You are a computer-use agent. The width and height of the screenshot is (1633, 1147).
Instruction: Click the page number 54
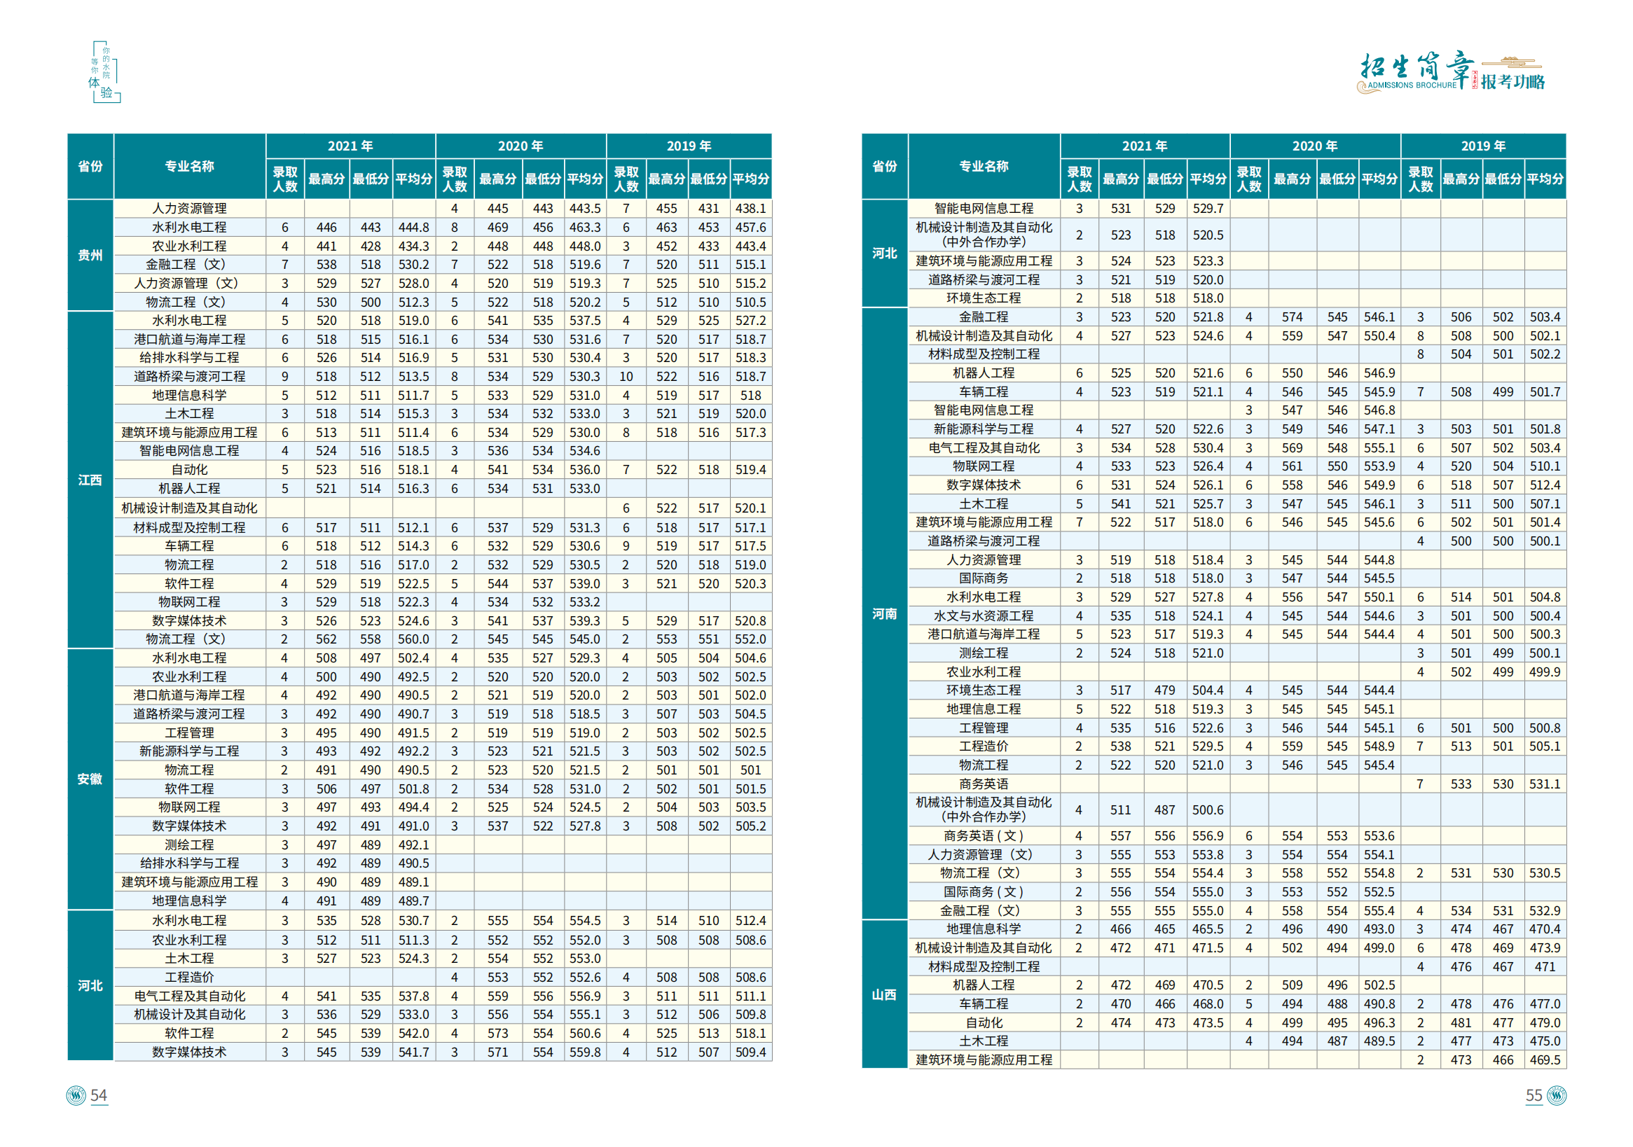(x=98, y=1095)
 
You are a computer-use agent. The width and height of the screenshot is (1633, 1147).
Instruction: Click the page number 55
(x=1534, y=1095)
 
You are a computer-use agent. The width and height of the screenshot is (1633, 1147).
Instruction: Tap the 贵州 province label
(x=90, y=256)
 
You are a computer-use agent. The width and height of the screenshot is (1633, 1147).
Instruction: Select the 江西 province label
(x=90, y=480)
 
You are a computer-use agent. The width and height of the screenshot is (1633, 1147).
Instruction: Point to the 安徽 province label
(x=90, y=779)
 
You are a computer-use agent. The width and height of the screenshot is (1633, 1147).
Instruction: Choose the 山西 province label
(x=884, y=995)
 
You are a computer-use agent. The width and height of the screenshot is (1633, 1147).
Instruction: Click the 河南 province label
(x=884, y=613)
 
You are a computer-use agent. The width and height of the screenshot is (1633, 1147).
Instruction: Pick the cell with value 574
(x=1292, y=317)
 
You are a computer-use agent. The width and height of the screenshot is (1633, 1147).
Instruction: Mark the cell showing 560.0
(x=413, y=639)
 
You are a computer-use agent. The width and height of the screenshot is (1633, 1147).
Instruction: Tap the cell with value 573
(x=497, y=1034)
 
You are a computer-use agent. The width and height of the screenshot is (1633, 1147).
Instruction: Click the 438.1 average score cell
(x=750, y=209)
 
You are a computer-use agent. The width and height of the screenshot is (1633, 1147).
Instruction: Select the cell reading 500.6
(x=1208, y=810)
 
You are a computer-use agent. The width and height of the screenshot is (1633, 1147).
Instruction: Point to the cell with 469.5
(x=1545, y=1059)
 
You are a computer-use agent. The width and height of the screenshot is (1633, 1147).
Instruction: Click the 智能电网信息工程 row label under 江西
(x=189, y=451)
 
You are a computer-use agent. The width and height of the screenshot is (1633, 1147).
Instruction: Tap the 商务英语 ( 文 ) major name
(x=984, y=835)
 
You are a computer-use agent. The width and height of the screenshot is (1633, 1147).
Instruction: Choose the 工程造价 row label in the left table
(x=189, y=977)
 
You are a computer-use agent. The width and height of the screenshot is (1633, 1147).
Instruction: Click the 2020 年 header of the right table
(x=1314, y=146)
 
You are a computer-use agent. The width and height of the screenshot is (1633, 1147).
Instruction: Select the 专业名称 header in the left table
(x=189, y=166)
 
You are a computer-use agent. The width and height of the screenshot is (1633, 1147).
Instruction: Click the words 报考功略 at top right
(x=1513, y=82)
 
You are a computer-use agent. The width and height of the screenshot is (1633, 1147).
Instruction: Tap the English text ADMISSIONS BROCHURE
(x=1412, y=85)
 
